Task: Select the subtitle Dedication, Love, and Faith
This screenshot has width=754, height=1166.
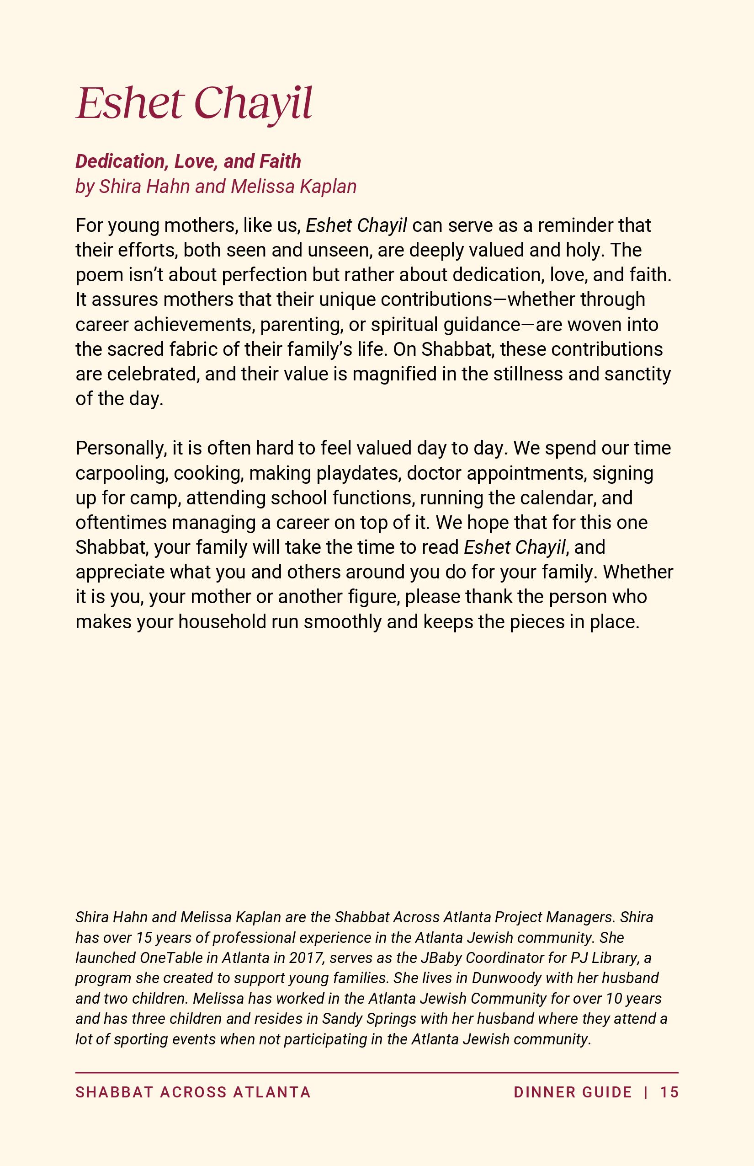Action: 188,161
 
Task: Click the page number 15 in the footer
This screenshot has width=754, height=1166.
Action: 669,1092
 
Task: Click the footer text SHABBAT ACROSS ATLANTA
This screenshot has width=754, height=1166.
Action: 193,1092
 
